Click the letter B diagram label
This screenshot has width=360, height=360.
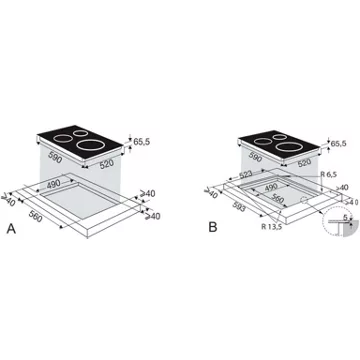[211, 229]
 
